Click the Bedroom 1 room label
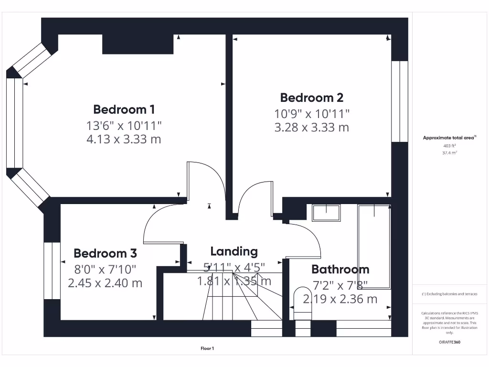124,109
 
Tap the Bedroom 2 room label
311,98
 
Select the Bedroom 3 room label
105,253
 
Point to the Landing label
234,251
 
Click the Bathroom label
340,270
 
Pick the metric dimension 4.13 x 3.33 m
124,140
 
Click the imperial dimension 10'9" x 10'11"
311,114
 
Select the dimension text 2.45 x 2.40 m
105,283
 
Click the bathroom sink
326,213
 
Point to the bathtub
374,246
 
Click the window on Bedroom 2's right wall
400,101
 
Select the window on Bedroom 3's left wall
52,270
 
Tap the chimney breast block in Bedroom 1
138,44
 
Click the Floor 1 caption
207,349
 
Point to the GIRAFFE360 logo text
450,342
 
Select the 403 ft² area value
450,146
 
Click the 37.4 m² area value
450,153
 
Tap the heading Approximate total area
449,138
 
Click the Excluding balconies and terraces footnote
449,294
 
